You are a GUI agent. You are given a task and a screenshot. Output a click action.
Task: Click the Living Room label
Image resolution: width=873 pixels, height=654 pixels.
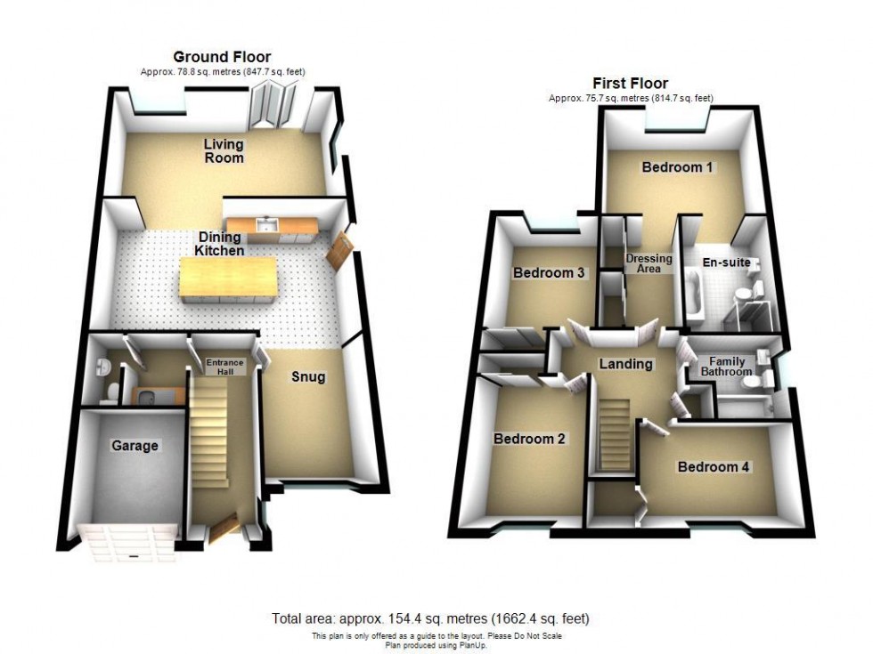223,150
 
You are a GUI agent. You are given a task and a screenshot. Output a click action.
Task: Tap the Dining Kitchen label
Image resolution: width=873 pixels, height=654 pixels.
220,244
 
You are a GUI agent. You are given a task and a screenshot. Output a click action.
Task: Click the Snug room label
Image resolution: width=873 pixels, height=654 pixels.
309,377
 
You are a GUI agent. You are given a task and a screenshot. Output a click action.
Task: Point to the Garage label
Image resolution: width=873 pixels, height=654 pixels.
134,446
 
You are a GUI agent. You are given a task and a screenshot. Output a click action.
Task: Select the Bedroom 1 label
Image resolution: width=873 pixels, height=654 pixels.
677,166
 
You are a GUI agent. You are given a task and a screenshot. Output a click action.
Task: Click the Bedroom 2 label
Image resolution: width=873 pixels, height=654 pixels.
529,439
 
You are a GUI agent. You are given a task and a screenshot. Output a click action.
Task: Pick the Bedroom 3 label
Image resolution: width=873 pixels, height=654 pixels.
549,273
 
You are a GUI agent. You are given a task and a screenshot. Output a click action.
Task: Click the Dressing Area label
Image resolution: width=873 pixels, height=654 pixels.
649,263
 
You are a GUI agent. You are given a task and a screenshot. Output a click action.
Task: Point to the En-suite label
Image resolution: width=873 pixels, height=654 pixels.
726,262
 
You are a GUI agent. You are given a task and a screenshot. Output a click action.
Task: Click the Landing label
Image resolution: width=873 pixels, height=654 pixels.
625,363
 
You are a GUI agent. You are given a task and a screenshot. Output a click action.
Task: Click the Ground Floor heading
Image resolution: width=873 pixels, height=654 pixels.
222,58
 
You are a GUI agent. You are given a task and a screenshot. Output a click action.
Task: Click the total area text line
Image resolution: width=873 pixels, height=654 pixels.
431,618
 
